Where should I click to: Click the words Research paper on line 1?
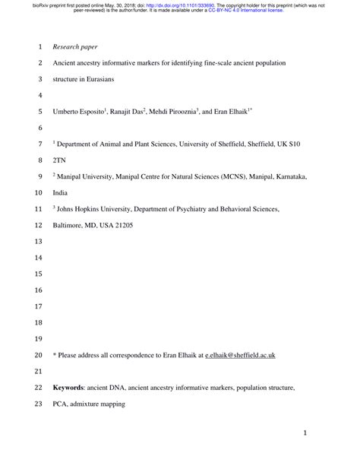click(78, 46)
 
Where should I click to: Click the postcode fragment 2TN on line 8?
click(59, 160)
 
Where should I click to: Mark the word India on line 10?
click(62, 192)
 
